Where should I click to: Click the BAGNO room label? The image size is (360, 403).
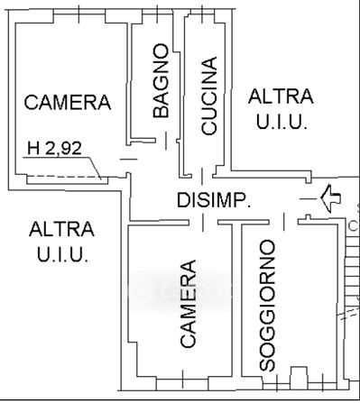[x=161, y=80]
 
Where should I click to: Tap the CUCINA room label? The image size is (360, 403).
[x=208, y=96]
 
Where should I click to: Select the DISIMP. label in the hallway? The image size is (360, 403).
[x=214, y=200]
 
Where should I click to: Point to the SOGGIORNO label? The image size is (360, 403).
[x=267, y=305]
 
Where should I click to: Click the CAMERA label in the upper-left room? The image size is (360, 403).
[x=68, y=102]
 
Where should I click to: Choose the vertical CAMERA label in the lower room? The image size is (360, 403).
[x=188, y=304]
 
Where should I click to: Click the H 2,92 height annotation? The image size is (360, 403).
[x=54, y=148]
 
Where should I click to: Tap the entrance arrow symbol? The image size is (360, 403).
[x=330, y=198]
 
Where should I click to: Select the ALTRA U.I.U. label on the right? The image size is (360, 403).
[x=281, y=109]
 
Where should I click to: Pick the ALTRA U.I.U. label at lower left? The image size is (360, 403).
[x=61, y=242]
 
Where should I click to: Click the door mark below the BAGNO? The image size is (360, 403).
[x=166, y=141]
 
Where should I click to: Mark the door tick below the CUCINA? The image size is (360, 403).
[x=202, y=177]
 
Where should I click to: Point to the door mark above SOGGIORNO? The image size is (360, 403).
[x=284, y=222]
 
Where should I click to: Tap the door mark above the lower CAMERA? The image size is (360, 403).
[x=203, y=223]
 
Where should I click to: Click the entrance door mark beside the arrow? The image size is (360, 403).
[x=308, y=198]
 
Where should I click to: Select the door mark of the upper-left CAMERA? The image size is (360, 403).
[x=129, y=160]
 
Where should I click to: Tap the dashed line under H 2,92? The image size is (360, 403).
[x=63, y=177]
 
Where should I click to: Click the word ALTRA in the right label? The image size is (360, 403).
[x=281, y=96]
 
